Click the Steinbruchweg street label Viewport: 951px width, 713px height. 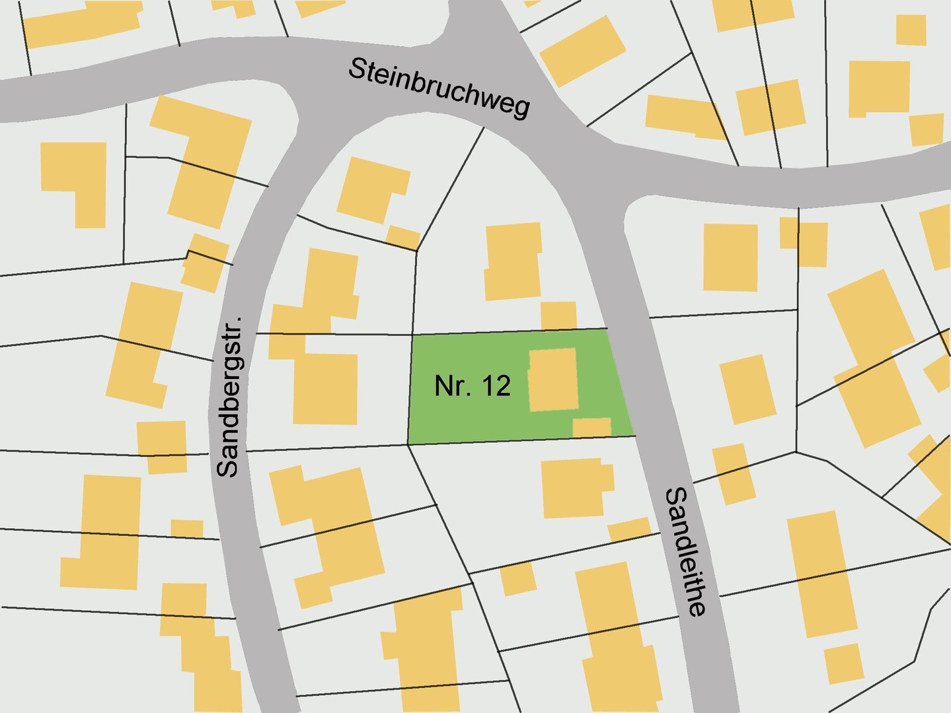coord(439,88)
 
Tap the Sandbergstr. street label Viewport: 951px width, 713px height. coord(229,397)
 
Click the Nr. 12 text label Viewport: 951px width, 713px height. coord(472,386)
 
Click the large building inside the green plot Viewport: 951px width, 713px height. coord(553,380)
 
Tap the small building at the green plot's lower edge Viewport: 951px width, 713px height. coord(591,427)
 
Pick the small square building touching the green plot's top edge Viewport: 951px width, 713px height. coord(558,316)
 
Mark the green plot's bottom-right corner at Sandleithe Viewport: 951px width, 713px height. coord(634,436)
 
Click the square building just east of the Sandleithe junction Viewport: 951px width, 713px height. coord(730,257)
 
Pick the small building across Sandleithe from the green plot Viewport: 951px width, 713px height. coord(747,389)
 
